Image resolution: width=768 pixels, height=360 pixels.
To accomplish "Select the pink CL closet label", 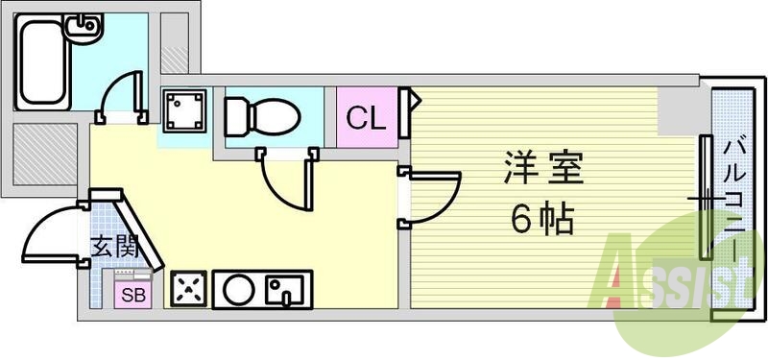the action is pos(366,118).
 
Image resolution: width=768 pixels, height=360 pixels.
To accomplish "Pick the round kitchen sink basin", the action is pos(236,288).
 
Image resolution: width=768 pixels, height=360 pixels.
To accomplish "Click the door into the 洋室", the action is pos(432,197).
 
